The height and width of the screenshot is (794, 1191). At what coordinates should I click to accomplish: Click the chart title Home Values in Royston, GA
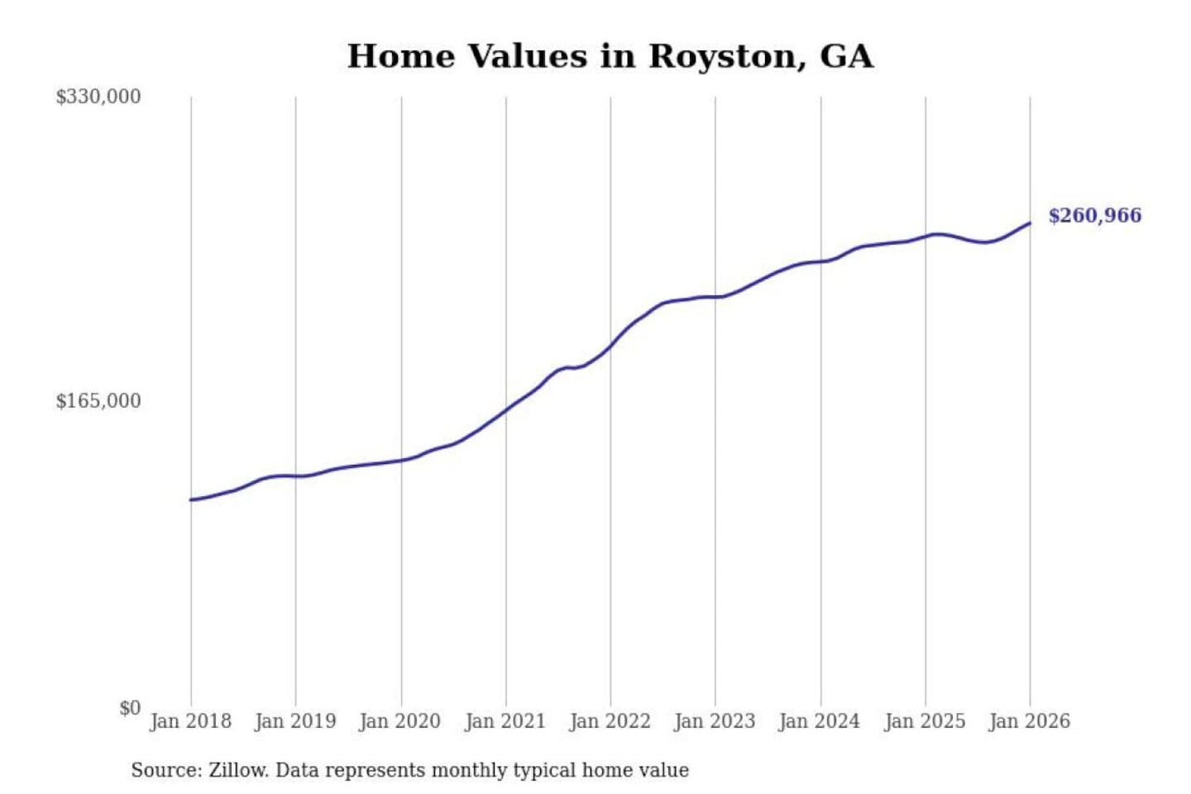click(x=610, y=56)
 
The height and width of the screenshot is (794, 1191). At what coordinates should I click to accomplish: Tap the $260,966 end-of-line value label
click(x=1094, y=216)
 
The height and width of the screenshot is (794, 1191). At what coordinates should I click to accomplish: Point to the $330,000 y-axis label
click(x=98, y=97)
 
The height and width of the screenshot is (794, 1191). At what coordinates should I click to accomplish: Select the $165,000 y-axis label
click(x=98, y=401)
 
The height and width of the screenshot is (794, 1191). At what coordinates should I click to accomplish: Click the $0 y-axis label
click(x=130, y=708)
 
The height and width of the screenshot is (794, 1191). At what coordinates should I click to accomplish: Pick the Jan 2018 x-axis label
click(x=191, y=721)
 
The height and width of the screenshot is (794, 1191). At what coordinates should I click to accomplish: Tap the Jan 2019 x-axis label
click(x=295, y=721)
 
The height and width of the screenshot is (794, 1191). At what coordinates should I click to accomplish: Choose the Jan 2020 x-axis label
click(x=400, y=721)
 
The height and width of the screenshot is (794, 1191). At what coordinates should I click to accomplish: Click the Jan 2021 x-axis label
click(x=505, y=721)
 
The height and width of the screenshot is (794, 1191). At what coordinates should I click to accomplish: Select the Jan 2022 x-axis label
click(x=610, y=721)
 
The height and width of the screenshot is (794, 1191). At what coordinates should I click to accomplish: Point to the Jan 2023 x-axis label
click(x=715, y=721)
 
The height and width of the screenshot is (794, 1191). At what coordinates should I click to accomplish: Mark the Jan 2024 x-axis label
click(x=820, y=721)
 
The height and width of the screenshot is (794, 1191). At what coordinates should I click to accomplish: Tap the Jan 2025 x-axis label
click(x=925, y=721)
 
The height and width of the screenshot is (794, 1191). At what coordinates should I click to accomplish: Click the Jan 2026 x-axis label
click(x=1030, y=721)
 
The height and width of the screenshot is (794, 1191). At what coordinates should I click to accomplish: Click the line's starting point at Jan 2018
click(x=191, y=500)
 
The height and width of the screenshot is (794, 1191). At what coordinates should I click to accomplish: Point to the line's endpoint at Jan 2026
click(x=1030, y=222)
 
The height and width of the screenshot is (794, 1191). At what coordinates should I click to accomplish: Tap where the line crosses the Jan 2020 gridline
click(x=401, y=460)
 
